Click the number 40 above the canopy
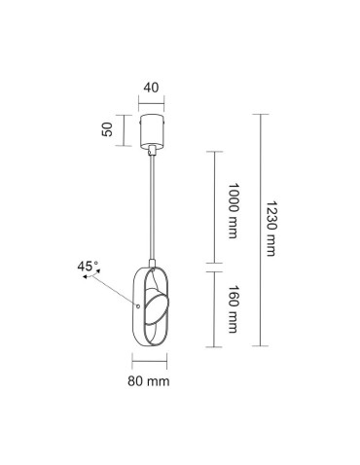point(151,86)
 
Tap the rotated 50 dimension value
point(108,126)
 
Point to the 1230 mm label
point(271,230)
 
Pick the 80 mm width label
point(151,380)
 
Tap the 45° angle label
point(90,264)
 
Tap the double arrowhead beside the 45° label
point(88,277)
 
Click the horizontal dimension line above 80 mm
point(151,364)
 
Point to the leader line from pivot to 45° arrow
point(115,291)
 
